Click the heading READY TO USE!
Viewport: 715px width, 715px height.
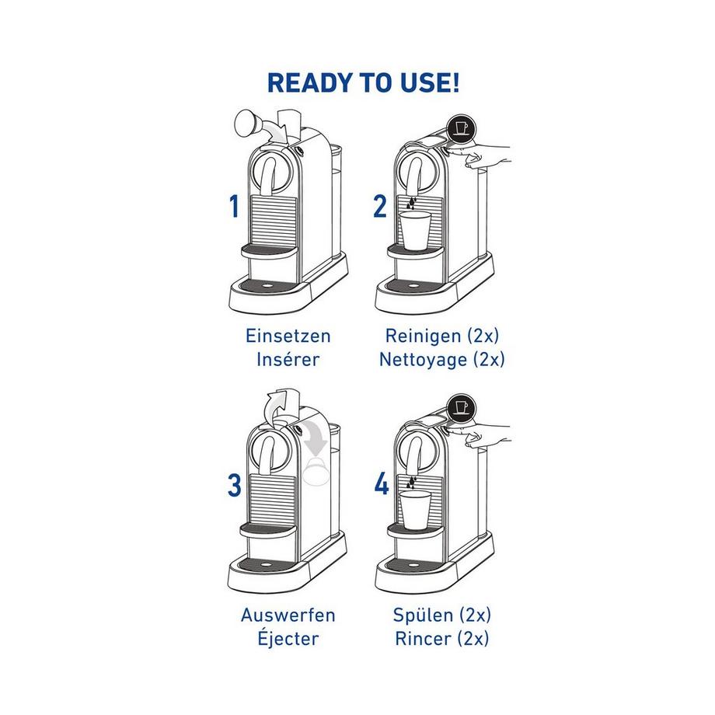point(363,82)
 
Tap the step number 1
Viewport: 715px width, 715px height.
point(235,206)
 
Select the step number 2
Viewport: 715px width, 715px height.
point(380,206)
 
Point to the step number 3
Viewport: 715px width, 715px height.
point(235,485)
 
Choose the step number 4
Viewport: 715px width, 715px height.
point(382,484)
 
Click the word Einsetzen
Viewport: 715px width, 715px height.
point(288,336)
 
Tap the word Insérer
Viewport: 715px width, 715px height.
point(288,359)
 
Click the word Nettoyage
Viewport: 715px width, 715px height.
point(423,359)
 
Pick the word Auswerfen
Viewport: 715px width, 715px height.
point(288,615)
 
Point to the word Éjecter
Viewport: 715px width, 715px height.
point(288,637)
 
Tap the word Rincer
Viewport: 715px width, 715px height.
point(423,638)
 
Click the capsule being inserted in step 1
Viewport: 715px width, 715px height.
point(248,124)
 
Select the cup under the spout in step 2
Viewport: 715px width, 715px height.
point(414,230)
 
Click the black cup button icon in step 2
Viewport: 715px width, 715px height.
point(461,127)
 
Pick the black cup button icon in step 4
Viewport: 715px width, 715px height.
point(461,408)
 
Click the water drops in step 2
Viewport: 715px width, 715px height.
point(412,204)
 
